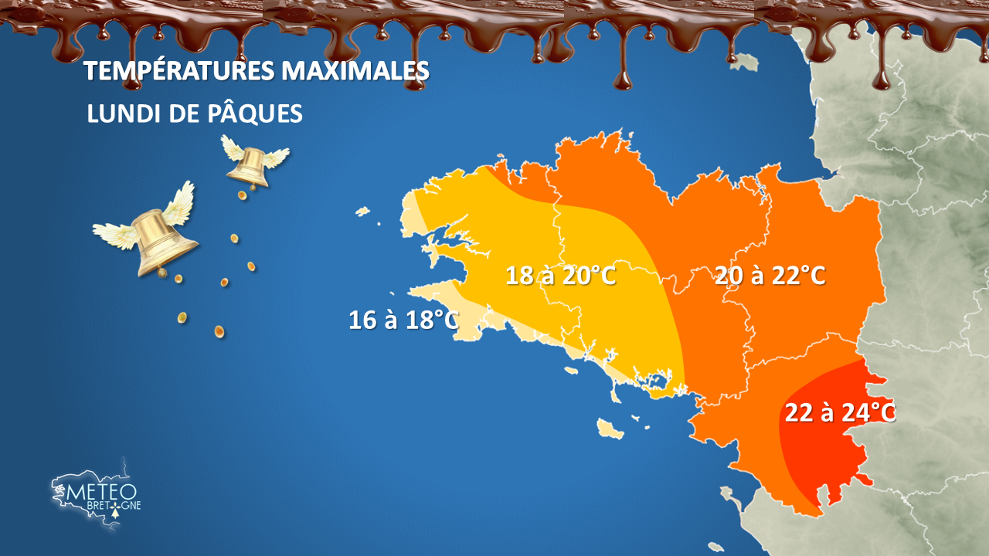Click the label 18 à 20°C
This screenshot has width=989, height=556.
[561, 275]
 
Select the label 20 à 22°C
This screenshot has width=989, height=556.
[770, 275]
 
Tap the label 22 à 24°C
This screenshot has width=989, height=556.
[840, 412]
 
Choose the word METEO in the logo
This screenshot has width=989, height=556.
[102, 491]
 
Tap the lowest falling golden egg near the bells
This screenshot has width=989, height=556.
[219, 332]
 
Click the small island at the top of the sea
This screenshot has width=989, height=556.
[745, 61]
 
